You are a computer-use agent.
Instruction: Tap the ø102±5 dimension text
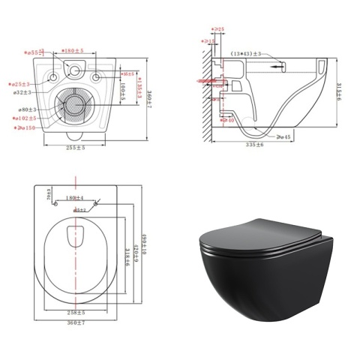28,118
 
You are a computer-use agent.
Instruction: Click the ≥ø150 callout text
27,128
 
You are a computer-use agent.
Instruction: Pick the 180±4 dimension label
74,199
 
